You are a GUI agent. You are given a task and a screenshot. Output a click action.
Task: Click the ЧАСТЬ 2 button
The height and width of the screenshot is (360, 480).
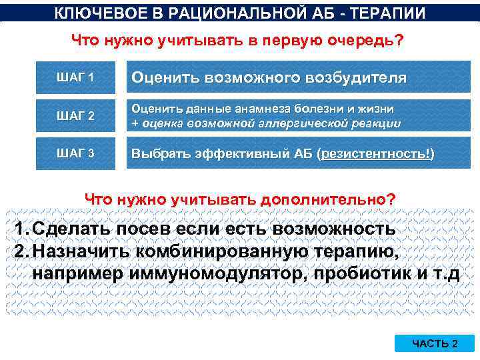pyautogui.click(x=435, y=343)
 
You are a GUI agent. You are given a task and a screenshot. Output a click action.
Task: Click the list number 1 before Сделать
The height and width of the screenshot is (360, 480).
pyautogui.click(x=20, y=229)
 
